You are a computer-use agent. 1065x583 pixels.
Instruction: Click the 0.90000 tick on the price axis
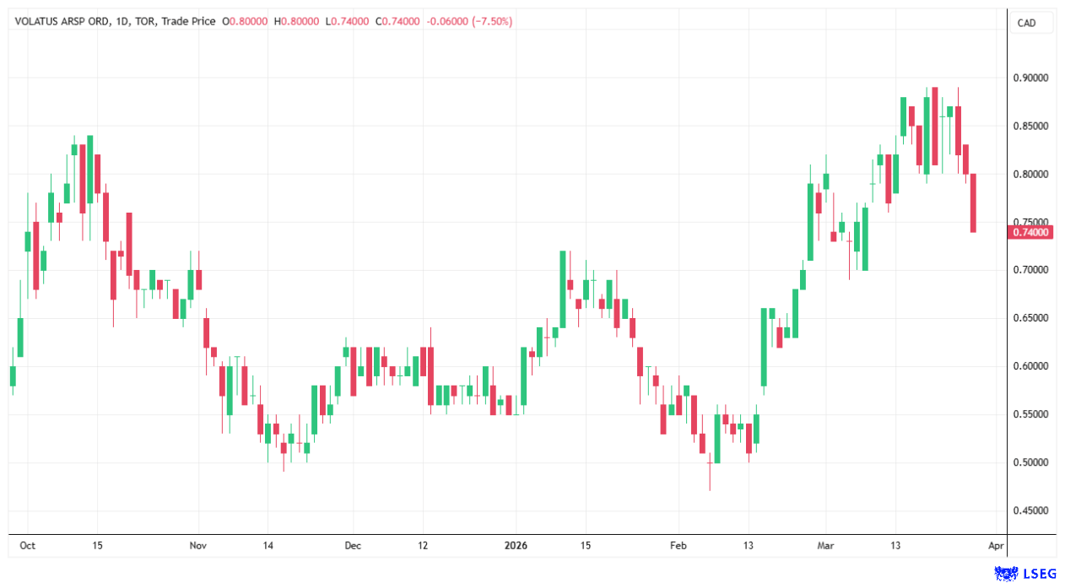1030,78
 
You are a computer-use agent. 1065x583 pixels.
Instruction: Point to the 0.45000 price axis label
1030,510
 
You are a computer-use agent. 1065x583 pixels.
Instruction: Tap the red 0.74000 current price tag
1030,232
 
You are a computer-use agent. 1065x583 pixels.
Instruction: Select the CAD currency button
1026,24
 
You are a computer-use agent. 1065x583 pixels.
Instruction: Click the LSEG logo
1024,573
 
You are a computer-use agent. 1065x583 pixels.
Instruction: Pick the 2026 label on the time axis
516,546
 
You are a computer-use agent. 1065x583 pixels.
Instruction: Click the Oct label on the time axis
27,546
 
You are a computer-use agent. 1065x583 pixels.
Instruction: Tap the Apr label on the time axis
996,546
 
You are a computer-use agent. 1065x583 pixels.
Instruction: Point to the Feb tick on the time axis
678,546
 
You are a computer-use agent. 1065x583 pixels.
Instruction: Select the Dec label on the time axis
353,546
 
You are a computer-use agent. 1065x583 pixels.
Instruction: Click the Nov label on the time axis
197,546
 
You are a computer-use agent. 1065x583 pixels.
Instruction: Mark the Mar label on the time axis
826,546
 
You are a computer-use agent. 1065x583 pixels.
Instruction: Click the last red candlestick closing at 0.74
973,202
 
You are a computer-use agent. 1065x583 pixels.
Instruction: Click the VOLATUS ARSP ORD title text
58,22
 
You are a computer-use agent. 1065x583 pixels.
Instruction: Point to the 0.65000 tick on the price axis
1030,318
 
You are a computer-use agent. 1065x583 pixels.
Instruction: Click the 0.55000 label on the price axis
1030,414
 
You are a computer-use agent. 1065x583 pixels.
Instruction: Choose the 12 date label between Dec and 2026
423,546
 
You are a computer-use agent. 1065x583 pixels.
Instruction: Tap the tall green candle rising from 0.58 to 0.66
764,347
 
